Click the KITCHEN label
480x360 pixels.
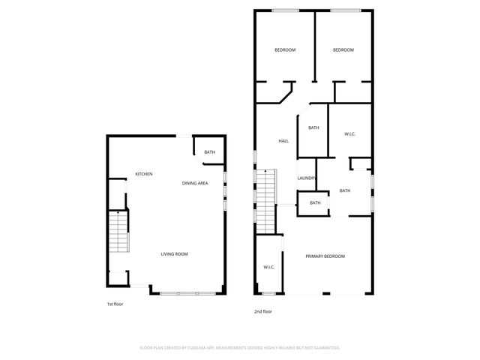point(144,174)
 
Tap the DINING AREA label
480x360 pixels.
point(195,183)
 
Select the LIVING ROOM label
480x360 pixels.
point(174,254)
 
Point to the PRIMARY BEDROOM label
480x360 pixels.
point(325,256)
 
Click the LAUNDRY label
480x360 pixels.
point(306,178)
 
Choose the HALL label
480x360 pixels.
point(283,141)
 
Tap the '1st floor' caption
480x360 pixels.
point(115,304)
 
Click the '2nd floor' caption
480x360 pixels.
point(262,311)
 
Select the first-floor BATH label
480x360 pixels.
point(209,152)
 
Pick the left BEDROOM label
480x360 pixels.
point(285,50)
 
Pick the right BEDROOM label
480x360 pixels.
point(343,50)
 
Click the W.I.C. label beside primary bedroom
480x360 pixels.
point(268,267)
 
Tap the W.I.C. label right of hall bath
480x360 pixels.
point(349,134)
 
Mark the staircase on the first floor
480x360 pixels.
point(118,233)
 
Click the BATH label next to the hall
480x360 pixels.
point(313,127)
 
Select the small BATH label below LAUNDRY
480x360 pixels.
point(315,202)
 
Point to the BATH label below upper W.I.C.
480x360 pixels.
point(345,190)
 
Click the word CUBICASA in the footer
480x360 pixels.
point(199,348)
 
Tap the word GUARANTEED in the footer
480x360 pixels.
point(325,348)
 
